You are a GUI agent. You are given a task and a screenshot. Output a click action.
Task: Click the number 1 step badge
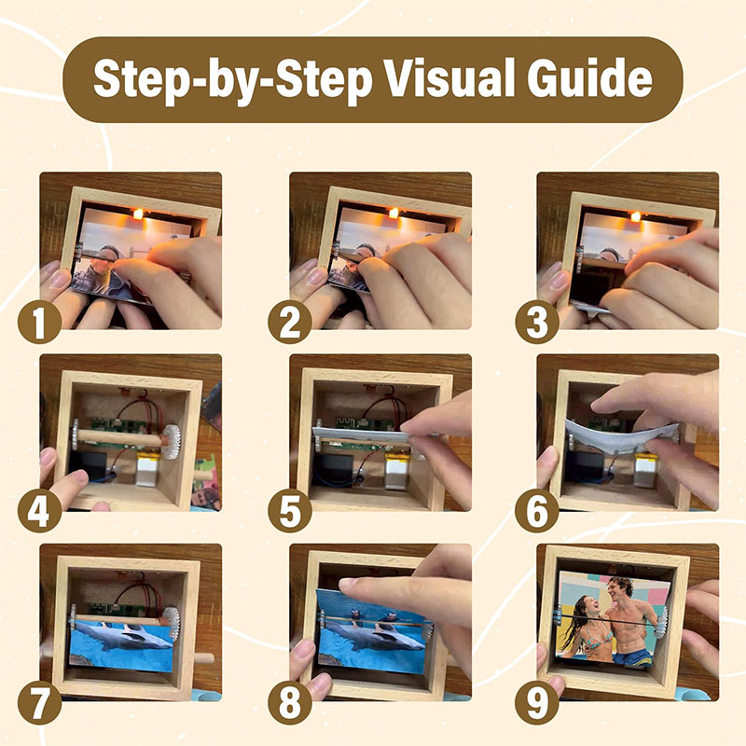(x=38, y=323)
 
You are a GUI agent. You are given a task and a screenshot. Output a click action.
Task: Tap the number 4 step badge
(x=38, y=511)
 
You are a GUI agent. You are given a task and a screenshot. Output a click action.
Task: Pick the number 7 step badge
(x=38, y=700)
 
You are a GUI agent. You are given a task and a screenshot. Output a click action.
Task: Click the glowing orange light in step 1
(x=138, y=214)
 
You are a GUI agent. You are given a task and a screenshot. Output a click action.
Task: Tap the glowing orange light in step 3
(x=637, y=215)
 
